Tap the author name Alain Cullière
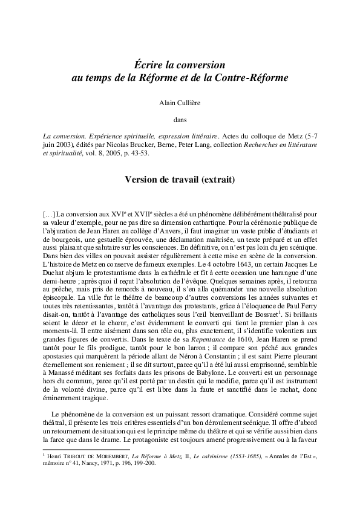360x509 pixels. pyautogui.click(x=180, y=104)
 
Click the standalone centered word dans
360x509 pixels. pyautogui.click(x=180, y=119)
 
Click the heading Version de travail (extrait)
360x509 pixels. pyautogui.click(x=180, y=180)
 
